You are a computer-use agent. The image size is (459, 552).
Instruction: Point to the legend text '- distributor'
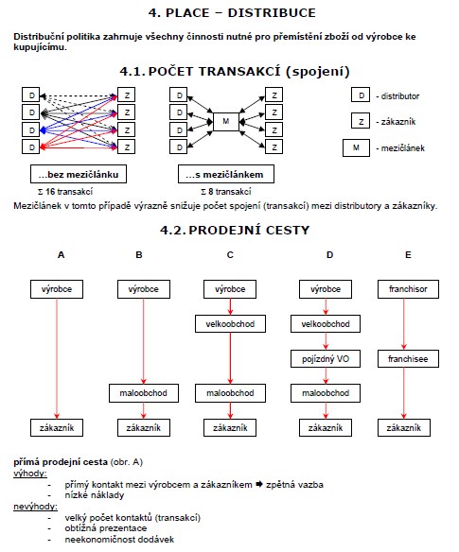tap(397, 96)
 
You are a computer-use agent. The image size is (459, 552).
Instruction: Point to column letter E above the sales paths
tap(408, 255)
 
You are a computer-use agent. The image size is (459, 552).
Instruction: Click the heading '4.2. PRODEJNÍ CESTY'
tap(235, 231)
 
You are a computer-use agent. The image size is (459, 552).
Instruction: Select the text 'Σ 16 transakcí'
tap(65, 192)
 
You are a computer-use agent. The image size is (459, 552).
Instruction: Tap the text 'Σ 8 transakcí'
tap(226, 192)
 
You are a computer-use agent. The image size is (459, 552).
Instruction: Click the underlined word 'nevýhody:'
tap(35, 507)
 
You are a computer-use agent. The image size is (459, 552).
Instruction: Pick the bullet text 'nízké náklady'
tap(95, 495)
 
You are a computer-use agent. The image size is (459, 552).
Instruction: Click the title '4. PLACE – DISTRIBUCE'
tap(232, 13)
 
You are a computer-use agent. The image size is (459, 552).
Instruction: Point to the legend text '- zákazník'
tap(396, 122)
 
